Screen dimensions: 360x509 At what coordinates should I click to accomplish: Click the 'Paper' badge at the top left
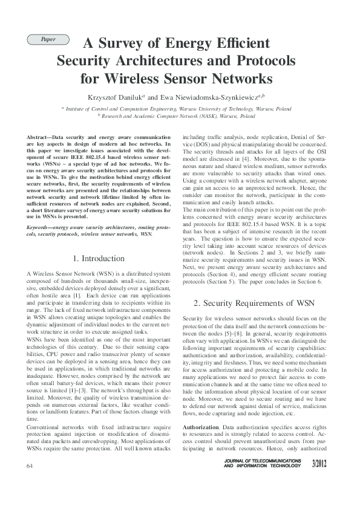[x=48, y=40]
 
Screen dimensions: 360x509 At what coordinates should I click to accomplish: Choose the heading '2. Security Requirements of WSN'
[x=254, y=302]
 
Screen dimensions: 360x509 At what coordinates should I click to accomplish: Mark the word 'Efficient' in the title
[x=241, y=44]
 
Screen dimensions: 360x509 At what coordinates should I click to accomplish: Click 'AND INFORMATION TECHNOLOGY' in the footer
[x=261, y=467]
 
